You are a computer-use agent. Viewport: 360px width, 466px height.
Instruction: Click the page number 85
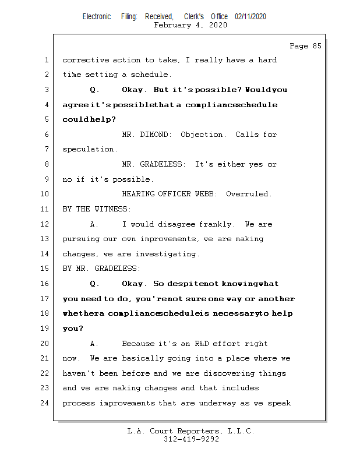point(315,46)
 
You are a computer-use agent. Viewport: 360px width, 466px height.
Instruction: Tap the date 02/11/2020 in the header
point(250,17)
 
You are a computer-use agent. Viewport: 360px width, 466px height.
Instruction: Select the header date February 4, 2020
point(190,25)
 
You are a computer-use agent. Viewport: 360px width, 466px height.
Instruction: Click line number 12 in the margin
point(46,224)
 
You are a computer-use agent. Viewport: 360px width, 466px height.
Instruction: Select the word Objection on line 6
point(202,135)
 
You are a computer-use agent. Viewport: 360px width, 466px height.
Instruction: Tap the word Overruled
point(249,194)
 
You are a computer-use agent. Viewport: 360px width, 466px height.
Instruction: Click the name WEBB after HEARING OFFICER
point(200,194)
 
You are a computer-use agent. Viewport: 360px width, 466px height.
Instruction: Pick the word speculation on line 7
point(90,150)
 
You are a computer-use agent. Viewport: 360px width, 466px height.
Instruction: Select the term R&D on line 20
point(202,344)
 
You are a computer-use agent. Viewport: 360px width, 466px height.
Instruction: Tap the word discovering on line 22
point(224,373)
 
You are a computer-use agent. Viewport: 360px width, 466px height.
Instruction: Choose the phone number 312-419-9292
point(191,439)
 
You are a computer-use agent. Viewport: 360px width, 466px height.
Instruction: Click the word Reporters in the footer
point(194,432)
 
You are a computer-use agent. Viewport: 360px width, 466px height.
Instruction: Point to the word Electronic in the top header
point(97,17)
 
